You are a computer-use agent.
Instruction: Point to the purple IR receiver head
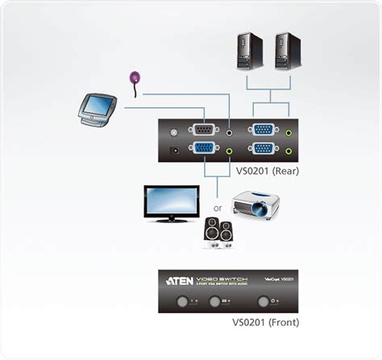pyautogui.click(x=135, y=78)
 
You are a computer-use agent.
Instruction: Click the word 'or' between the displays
pyautogui.click(x=217, y=208)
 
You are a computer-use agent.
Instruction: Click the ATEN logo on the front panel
pyautogui.click(x=181, y=281)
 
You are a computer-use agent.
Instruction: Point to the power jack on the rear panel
pyautogui.click(x=173, y=149)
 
